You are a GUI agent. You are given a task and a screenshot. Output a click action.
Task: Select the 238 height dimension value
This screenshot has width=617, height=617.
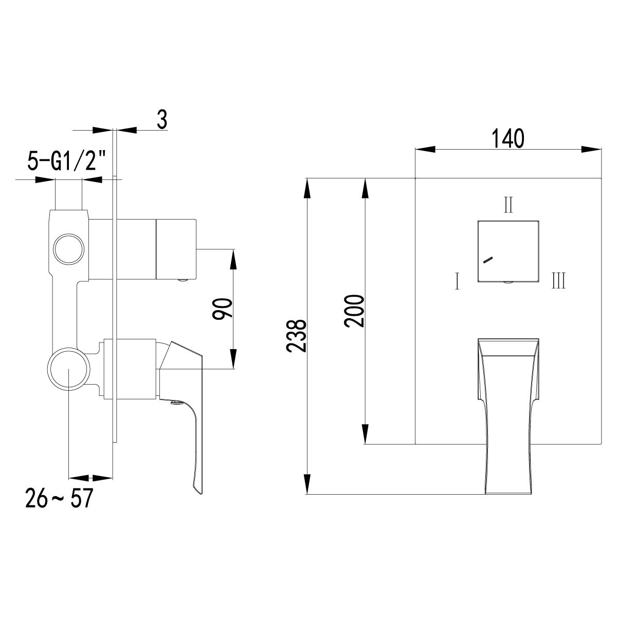pos(297,335)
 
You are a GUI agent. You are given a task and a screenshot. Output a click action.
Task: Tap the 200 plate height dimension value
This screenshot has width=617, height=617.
pos(355,311)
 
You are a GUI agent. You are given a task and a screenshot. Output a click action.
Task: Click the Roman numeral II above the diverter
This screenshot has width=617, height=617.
pos(508,205)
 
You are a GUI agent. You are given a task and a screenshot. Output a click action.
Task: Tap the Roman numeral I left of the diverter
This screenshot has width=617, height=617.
pos(457,281)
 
